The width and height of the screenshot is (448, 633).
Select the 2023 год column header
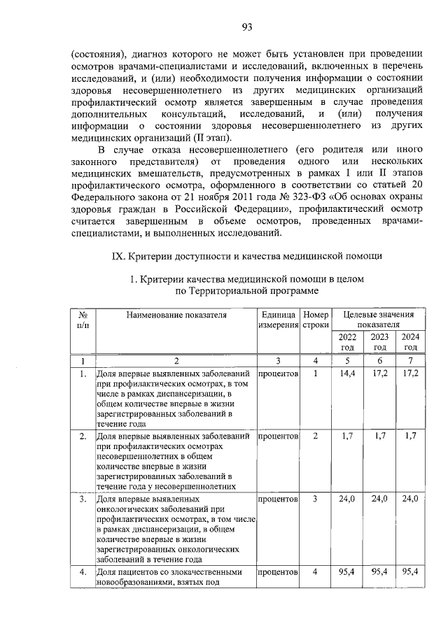[379, 341]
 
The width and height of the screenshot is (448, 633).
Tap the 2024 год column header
[410, 341]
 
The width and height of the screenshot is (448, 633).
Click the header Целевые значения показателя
[379, 320]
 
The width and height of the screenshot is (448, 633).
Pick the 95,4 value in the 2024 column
[410, 571]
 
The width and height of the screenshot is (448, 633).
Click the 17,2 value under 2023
[379, 374]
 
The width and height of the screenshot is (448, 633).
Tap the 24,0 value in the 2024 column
[410, 498]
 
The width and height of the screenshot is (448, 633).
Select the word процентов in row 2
[278, 436]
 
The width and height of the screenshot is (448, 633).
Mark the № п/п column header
[83, 320]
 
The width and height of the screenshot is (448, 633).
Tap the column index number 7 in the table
[410, 361]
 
